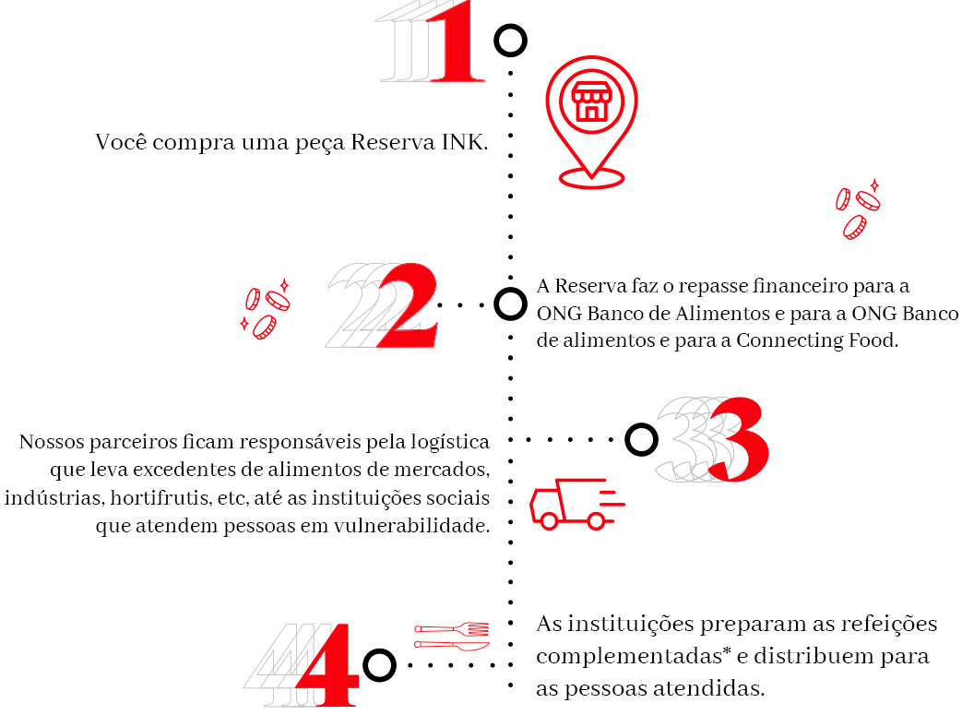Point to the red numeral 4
[327, 665]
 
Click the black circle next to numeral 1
[510, 42]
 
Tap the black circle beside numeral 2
[510, 304]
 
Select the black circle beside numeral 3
[641, 439]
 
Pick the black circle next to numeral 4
[379, 665]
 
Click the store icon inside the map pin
[591, 101]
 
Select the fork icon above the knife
[452, 629]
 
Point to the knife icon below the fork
[452, 646]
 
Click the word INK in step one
[465, 142]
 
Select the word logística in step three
[450, 443]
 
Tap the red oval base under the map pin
[591, 179]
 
